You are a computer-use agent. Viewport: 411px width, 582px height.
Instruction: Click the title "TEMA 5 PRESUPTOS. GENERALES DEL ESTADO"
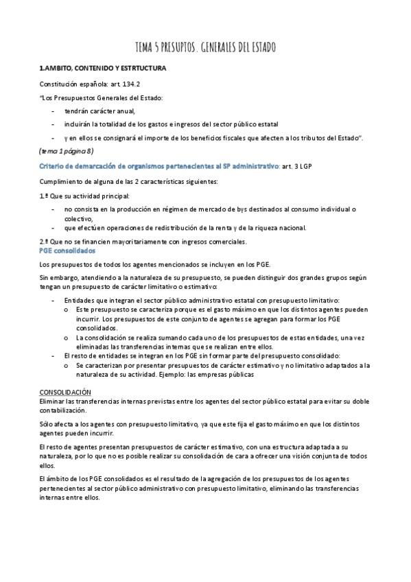205,47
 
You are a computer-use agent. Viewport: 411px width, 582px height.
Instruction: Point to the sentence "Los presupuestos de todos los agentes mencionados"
145,264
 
